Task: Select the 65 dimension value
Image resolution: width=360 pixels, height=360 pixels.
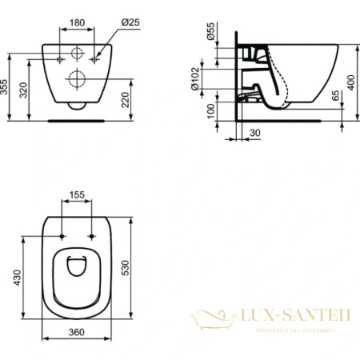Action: coord(336,98)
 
